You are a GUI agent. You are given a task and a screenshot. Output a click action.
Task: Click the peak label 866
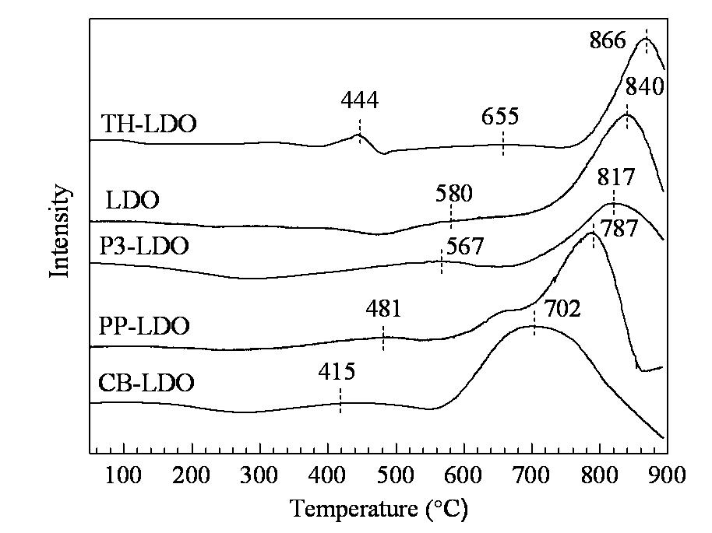[x=608, y=40]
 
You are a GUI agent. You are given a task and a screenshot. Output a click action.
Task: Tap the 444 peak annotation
[x=360, y=100]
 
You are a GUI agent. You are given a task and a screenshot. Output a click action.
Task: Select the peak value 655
[x=500, y=117]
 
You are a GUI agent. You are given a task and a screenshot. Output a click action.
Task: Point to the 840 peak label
[x=645, y=86]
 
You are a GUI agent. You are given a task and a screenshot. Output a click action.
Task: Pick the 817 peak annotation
[x=615, y=177]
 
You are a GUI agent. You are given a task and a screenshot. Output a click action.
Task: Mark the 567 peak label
[x=465, y=247]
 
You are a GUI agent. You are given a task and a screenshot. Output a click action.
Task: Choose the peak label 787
[x=619, y=228]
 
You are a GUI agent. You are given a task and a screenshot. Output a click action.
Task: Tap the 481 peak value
[x=384, y=309]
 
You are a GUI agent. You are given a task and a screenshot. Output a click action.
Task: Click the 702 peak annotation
[x=562, y=309]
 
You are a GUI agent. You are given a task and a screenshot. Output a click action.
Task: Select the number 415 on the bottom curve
[x=337, y=371]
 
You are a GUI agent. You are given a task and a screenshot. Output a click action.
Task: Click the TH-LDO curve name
[x=149, y=124]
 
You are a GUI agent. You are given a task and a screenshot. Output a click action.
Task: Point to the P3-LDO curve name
[x=143, y=247]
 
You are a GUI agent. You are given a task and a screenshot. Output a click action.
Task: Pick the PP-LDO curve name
[x=144, y=326]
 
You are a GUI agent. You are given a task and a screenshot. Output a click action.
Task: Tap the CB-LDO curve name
[x=146, y=382]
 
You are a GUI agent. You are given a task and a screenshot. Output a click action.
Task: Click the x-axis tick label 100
[x=123, y=475]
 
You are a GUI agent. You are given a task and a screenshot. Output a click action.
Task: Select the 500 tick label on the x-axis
[x=396, y=475]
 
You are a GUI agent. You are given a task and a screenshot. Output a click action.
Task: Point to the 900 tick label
[x=667, y=475]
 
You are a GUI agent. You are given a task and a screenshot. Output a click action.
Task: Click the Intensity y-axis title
[x=60, y=231]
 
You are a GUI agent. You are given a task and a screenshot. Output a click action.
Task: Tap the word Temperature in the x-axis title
[x=354, y=508]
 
